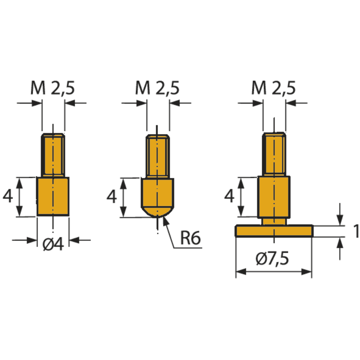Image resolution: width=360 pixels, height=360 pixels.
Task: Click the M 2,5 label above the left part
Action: (x=53, y=88)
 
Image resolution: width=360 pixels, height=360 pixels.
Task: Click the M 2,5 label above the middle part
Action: (x=157, y=88)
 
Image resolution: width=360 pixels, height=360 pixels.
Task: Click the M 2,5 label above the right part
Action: (x=274, y=88)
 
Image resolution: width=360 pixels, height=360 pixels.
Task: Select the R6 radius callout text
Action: (x=190, y=238)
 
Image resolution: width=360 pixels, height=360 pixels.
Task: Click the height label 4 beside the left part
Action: (x=8, y=197)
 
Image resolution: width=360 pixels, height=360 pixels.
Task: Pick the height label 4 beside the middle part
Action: (x=112, y=197)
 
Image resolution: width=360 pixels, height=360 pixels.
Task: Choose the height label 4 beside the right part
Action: (x=229, y=197)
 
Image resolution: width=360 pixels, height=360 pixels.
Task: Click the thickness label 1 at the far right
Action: (x=356, y=231)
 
